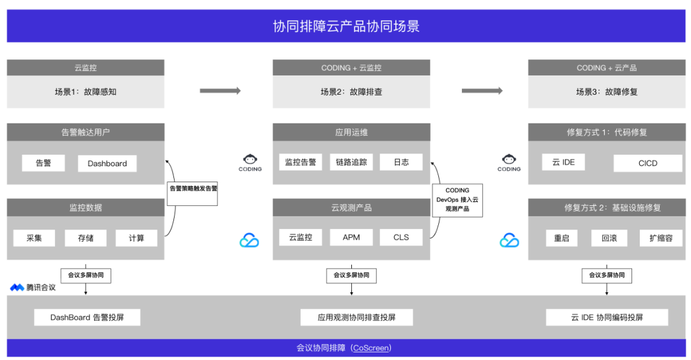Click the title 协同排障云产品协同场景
point(345,26)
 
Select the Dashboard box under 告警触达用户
point(107,163)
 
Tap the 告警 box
point(44,163)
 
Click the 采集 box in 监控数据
point(34,238)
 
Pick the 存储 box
point(86,238)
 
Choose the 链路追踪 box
point(351,162)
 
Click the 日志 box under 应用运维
point(401,162)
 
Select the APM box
point(351,237)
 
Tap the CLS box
point(401,237)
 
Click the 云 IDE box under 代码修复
point(564,162)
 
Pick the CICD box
point(647,163)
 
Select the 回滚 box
point(608,238)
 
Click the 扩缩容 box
point(660,238)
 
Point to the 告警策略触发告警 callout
point(193,189)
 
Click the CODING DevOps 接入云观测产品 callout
point(457,200)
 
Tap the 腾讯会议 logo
point(33,288)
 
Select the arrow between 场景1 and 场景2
point(220,91)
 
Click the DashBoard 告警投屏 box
point(87,317)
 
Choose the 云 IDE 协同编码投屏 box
point(607,317)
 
